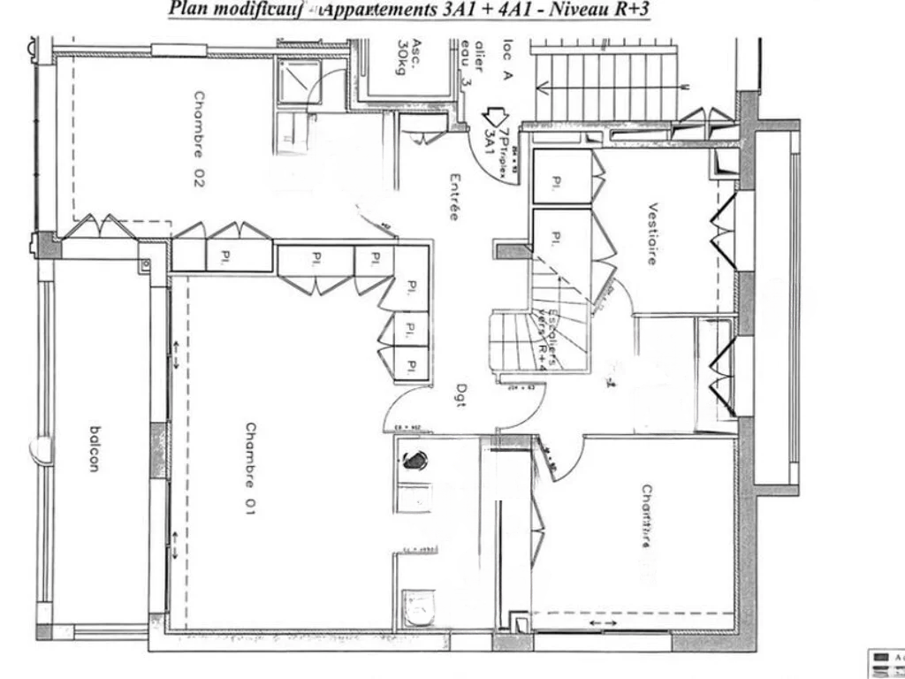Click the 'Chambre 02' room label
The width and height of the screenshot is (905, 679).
click(199, 139)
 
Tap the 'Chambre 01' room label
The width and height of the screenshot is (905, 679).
click(251, 469)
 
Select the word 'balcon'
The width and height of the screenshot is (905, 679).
click(94, 450)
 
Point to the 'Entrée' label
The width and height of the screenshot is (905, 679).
click(453, 196)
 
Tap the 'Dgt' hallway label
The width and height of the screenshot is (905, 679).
click(461, 393)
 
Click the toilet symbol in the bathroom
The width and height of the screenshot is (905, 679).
click(415, 607)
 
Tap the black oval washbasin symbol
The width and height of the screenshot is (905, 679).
click(414, 460)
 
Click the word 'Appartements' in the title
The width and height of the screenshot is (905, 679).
click(384, 10)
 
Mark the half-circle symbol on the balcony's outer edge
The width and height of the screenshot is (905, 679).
click(39, 450)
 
